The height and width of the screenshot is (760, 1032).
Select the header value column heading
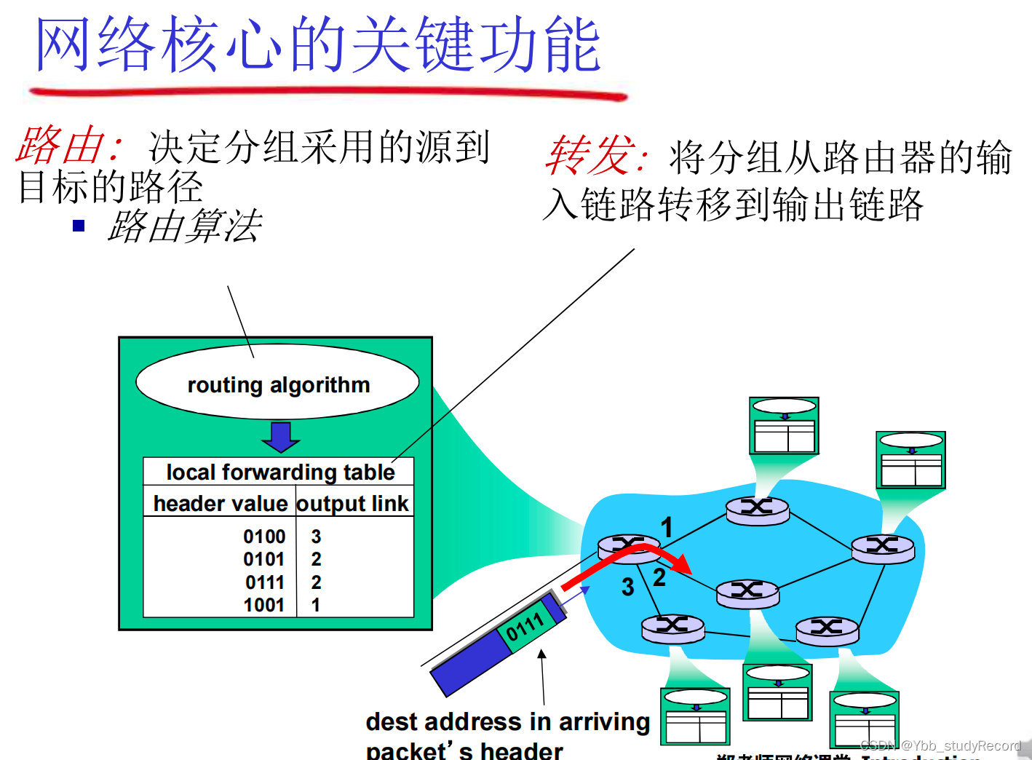pyautogui.click(x=220, y=504)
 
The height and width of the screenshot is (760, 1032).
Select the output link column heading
pyautogui.click(x=353, y=504)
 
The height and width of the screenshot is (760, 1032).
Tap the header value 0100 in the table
pyautogui.click(x=264, y=537)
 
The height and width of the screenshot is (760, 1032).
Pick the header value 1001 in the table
pyautogui.click(x=264, y=605)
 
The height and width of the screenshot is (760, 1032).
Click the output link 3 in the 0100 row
pyautogui.click(x=316, y=537)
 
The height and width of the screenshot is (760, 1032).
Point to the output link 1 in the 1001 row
pyautogui.click(x=316, y=605)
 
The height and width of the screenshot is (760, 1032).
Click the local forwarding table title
pyautogui.click(x=280, y=472)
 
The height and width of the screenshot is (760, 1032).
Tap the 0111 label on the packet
pyautogui.click(x=525, y=626)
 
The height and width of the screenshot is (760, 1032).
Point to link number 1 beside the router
pyautogui.click(x=666, y=527)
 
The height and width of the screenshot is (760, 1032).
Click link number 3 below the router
pyautogui.click(x=627, y=587)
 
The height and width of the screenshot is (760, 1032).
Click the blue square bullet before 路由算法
pyautogui.click(x=79, y=226)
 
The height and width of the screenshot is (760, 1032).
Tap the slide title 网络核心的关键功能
pyautogui.click(x=318, y=45)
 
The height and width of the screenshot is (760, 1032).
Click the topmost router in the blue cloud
pyautogui.click(x=757, y=509)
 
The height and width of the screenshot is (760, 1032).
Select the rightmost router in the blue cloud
pyautogui.click(x=882, y=547)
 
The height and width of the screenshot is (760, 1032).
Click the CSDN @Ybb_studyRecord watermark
pyautogui.click(x=940, y=745)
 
